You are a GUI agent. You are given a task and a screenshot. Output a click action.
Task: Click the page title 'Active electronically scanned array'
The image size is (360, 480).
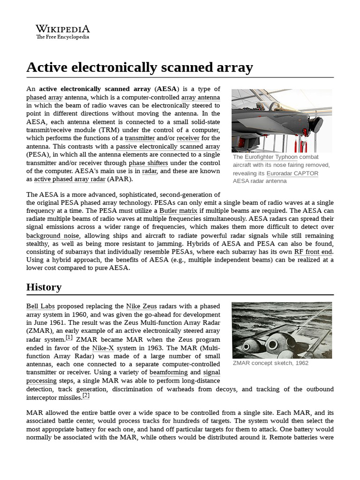point(140,67)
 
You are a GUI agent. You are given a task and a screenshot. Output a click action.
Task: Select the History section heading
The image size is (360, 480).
point(44,287)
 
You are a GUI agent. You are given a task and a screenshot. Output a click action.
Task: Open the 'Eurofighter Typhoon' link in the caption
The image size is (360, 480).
point(271,157)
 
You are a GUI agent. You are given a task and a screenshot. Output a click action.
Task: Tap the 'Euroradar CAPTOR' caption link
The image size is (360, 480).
point(292,173)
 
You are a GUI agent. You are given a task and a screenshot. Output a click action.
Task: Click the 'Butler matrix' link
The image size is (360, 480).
point(178,211)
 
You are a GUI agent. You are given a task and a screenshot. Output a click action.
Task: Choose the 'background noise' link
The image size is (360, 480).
point(52,236)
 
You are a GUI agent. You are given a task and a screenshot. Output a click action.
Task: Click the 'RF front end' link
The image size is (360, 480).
point(313,252)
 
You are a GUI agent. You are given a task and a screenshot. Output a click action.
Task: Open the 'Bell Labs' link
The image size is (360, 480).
point(40,306)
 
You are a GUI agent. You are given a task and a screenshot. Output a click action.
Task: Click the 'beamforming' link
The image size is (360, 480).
point(168,372)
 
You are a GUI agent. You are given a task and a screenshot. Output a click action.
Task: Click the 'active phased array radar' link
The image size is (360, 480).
point(69,179)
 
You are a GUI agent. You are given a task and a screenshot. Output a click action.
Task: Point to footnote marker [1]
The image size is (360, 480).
point(69,337)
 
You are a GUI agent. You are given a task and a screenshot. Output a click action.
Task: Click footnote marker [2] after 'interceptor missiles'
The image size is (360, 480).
point(86,396)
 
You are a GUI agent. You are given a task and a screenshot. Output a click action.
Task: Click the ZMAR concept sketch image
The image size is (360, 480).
point(282,330)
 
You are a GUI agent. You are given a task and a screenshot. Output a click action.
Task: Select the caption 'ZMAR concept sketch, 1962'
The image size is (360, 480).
point(270,363)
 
